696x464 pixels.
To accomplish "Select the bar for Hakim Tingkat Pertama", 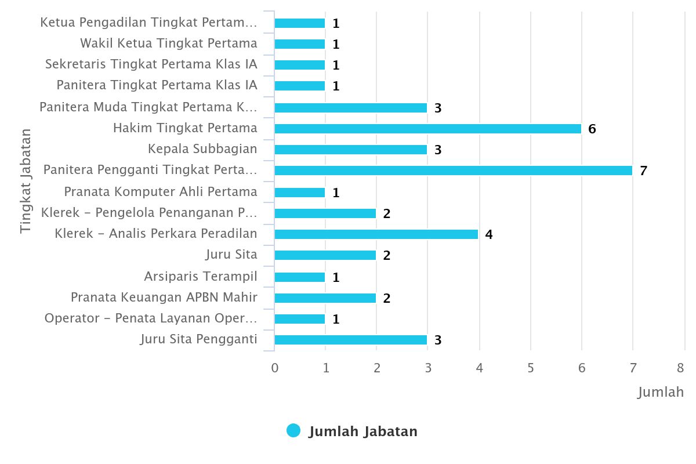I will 427,129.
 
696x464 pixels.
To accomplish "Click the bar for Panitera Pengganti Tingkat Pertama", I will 453,171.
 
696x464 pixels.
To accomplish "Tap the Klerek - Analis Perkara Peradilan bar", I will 376,234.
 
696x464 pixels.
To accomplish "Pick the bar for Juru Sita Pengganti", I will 350,340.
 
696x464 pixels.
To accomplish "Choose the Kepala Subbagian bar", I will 350,150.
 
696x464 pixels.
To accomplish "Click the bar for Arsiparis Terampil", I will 299,277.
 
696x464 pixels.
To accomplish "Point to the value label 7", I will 643,171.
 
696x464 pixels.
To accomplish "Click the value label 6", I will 592,129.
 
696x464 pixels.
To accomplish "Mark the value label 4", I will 489,235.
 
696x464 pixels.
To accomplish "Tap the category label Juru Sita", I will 231,255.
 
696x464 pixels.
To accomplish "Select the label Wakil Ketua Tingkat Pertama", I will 168,43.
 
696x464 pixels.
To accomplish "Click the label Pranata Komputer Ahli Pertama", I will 160,192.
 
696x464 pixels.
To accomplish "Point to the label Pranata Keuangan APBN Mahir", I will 164,298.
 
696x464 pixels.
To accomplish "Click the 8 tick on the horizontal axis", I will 681,368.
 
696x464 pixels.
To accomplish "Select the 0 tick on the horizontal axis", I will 275,368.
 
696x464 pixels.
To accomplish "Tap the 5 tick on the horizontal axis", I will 531,368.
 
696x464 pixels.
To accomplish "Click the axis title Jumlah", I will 661,393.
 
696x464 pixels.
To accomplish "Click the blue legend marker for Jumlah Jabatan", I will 293,430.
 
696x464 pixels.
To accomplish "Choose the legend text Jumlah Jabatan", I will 363,432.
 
